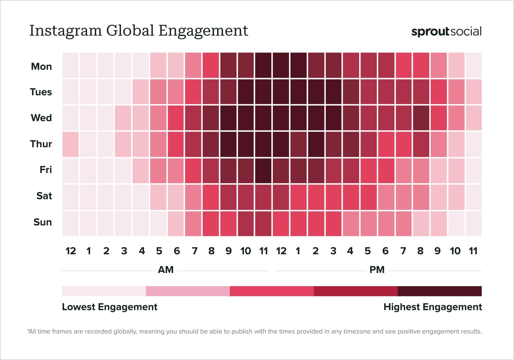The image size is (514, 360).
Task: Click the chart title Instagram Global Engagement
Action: point(139,31)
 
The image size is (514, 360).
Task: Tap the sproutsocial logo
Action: point(446,32)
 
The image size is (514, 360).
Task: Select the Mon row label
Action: point(41,66)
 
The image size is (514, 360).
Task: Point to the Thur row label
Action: point(41,144)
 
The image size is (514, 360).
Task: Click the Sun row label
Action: point(43,222)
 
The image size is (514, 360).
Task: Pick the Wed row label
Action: point(41,118)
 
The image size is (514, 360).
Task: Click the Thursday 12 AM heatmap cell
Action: point(71,144)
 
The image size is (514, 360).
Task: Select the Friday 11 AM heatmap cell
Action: point(263,170)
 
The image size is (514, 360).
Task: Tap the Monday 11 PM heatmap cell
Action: point(473,65)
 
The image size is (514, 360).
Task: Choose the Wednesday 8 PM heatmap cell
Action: point(421,118)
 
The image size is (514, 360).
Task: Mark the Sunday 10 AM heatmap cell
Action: point(245,224)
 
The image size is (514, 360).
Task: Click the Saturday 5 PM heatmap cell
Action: point(368,197)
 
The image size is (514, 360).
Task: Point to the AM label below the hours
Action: point(165,270)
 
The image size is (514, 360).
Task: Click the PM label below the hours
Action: point(377,270)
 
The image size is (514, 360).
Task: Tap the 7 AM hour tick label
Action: point(194,251)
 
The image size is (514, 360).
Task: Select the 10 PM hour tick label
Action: point(455,251)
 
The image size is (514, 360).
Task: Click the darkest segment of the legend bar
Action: point(440,291)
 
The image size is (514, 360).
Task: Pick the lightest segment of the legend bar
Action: point(104,291)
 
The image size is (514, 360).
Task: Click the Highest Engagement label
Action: point(433,307)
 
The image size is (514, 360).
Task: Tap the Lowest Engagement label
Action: point(109,307)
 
